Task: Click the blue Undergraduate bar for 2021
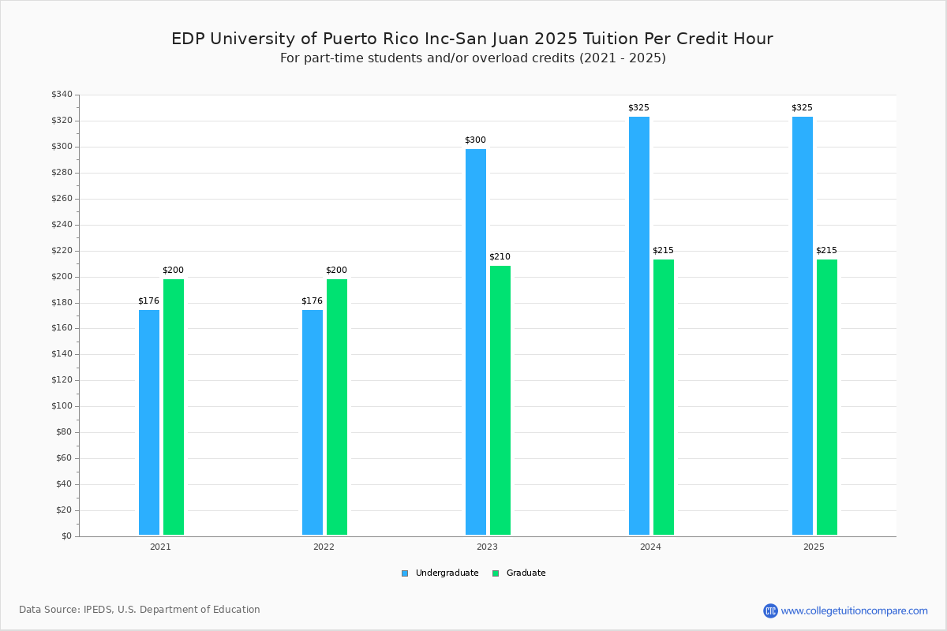click(x=149, y=422)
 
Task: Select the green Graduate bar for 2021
click(x=174, y=407)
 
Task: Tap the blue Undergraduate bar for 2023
click(x=476, y=342)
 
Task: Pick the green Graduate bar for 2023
click(x=500, y=400)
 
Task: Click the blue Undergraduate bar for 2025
click(x=803, y=326)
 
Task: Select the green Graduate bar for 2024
click(x=664, y=397)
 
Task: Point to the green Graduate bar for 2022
click(x=337, y=407)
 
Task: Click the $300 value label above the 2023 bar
click(x=475, y=140)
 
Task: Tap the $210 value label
click(x=500, y=257)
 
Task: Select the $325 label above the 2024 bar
click(x=638, y=108)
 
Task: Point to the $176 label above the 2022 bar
click(x=312, y=301)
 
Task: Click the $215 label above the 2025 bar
click(x=826, y=251)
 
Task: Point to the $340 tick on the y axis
click(x=62, y=95)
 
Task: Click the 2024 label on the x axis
click(x=650, y=547)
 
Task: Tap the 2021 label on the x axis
click(x=160, y=547)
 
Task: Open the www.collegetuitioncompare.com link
click(x=854, y=610)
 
